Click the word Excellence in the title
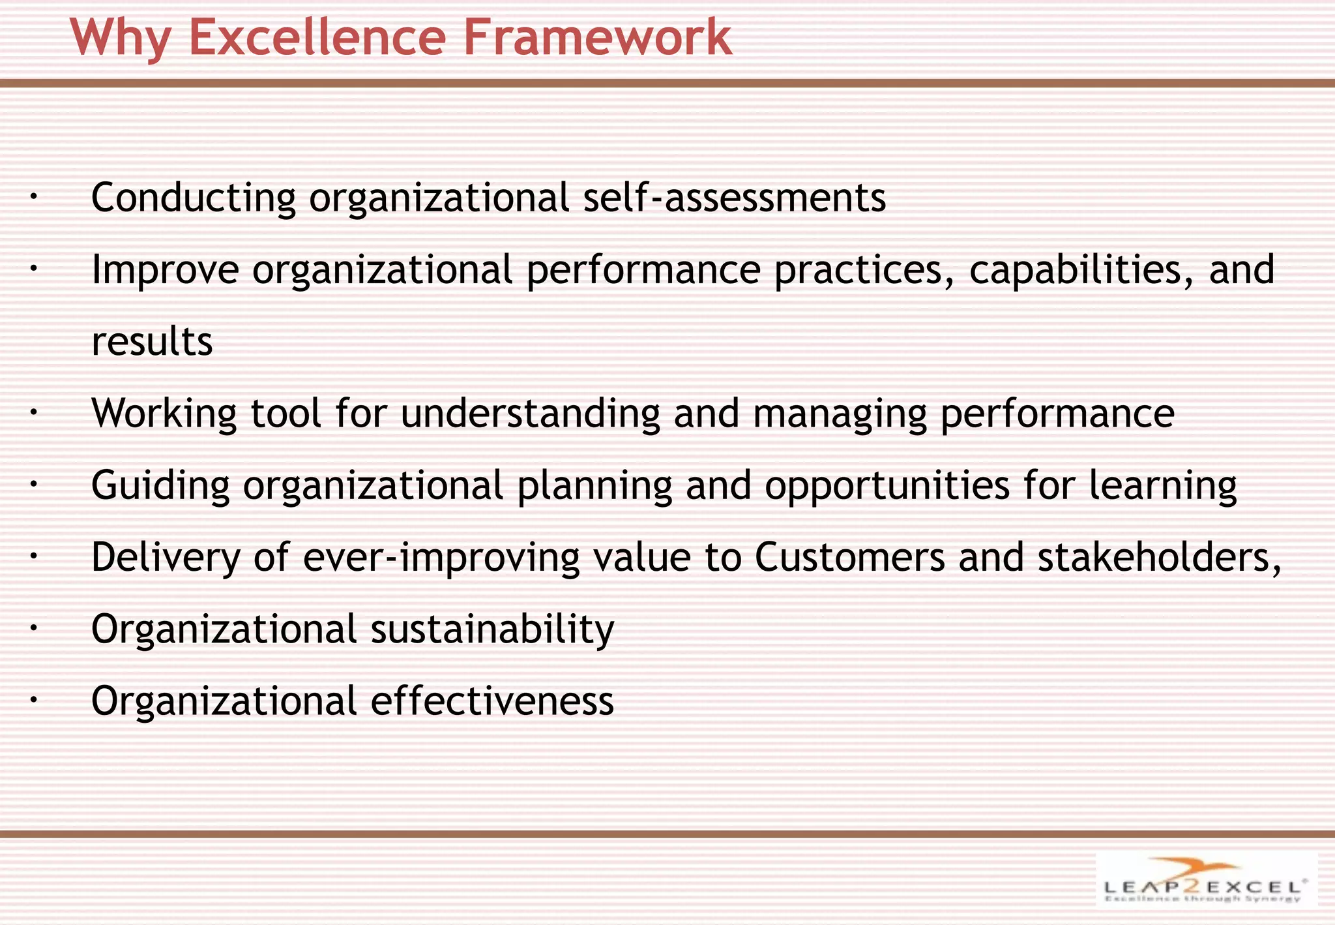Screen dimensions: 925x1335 tap(317, 37)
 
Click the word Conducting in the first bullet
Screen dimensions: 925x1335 tap(194, 198)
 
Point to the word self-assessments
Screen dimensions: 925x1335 tap(734, 198)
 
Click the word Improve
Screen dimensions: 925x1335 tap(165, 270)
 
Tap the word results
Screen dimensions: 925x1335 tap(152, 342)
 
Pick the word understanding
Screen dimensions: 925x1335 tap(530, 414)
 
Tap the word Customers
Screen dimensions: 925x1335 tap(849, 558)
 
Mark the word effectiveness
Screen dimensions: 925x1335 tap(492, 701)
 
